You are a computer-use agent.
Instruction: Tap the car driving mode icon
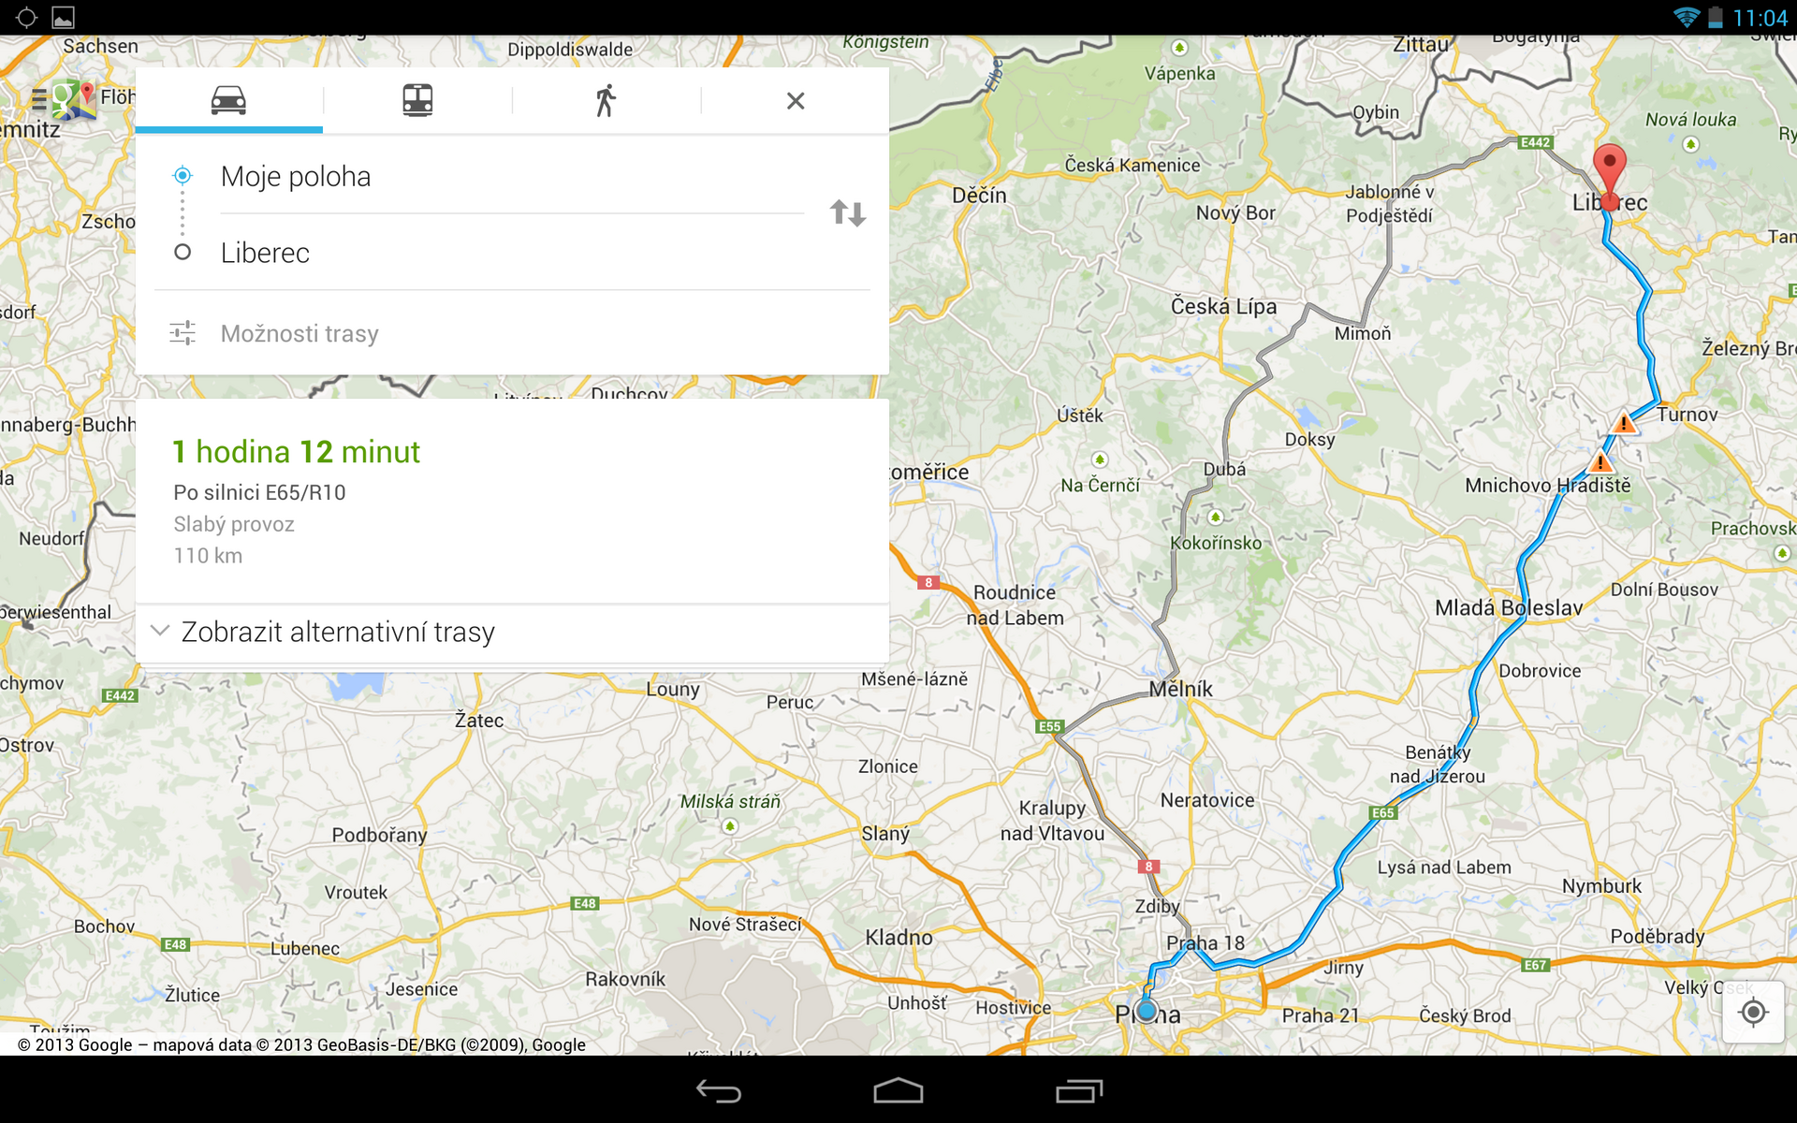tap(228, 100)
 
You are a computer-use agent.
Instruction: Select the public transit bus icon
tap(417, 100)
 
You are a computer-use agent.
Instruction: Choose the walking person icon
tap(606, 100)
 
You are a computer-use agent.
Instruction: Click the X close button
tap(796, 100)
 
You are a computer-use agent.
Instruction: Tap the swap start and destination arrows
tap(848, 213)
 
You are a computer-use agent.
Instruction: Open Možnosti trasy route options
tap(299, 333)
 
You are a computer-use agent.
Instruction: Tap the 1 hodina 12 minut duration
tap(296, 452)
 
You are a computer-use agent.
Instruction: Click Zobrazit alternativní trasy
tap(337, 632)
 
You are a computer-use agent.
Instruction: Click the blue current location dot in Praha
tap(1147, 1011)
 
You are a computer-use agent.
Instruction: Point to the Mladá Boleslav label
tap(1509, 608)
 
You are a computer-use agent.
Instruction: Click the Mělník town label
tap(1181, 690)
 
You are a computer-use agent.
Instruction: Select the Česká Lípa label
tap(1223, 307)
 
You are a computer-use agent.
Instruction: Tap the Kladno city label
tap(898, 938)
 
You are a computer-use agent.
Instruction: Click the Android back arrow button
tap(719, 1091)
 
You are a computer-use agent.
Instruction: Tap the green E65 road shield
tap(1383, 812)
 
